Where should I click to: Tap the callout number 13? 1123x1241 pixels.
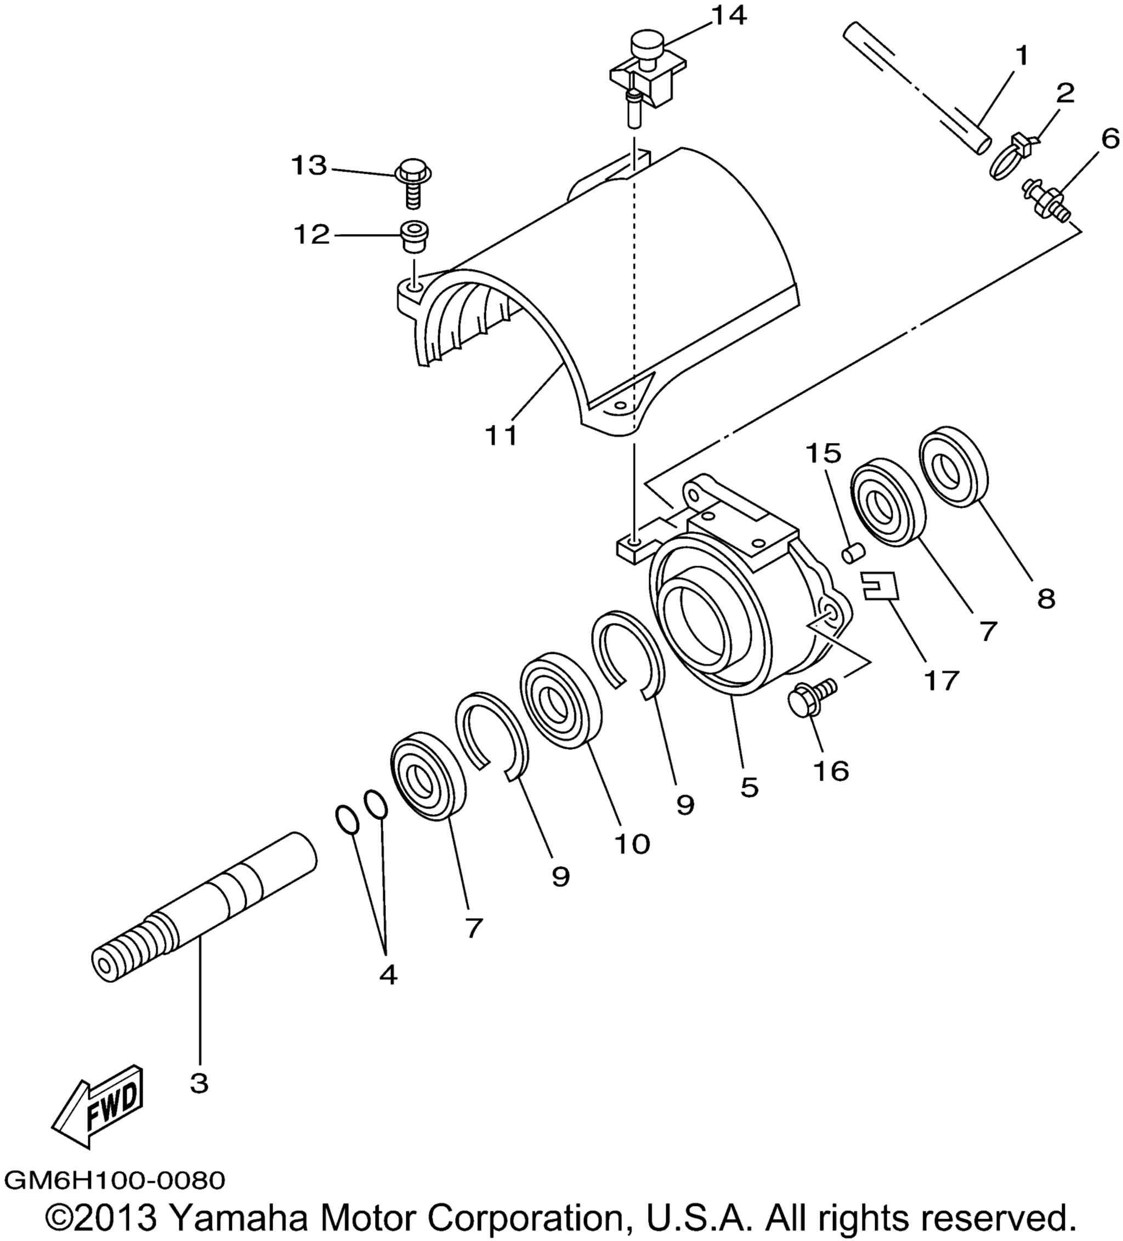(309, 166)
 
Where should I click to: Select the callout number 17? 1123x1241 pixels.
(941, 681)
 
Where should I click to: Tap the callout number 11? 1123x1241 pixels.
(501, 435)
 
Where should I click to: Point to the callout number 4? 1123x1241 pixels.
(388, 975)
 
